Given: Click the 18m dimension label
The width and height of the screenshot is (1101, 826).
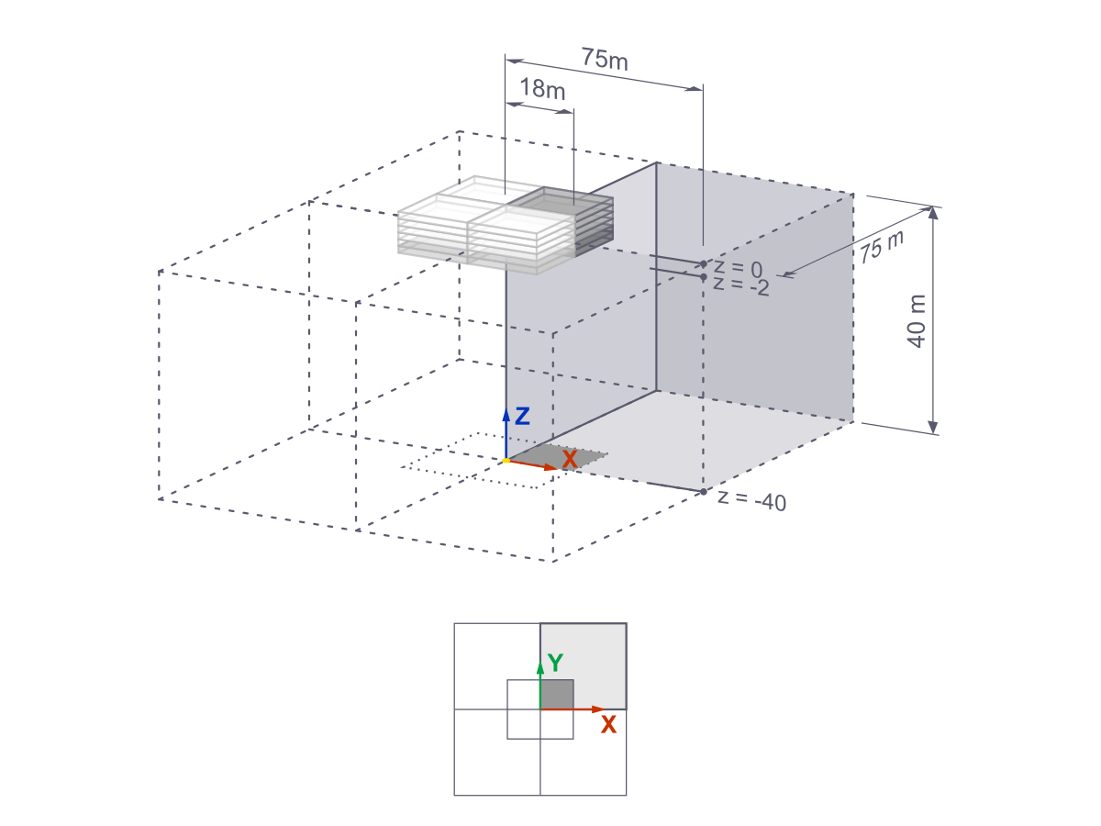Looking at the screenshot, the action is click(542, 89).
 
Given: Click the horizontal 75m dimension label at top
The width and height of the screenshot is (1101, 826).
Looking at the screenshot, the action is click(605, 59).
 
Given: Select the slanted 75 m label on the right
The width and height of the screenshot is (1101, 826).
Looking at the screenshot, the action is click(882, 247).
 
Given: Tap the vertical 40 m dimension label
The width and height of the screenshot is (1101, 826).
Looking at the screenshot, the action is click(916, 320).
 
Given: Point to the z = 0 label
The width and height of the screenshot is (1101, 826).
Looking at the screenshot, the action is click(738, 268).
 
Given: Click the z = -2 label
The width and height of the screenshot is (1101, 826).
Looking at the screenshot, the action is click(740, 285).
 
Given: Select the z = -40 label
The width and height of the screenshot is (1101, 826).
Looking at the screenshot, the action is click(751, 500).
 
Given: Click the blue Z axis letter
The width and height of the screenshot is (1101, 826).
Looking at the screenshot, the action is click(522, 417).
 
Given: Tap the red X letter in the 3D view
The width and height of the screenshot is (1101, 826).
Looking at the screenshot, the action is click(570, 460).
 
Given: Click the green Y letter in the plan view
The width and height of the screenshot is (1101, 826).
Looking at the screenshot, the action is click(555, 663).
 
